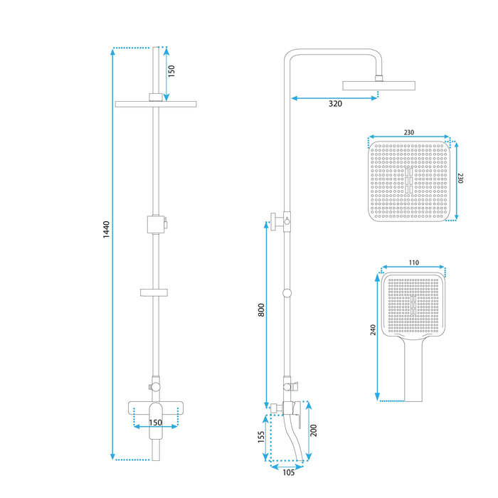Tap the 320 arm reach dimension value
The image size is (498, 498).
tap(335, 104)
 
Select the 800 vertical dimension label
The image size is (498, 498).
tap(261, 310)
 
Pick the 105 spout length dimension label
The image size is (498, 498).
tap(287, 472)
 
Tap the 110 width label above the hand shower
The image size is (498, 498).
tap(414, 263)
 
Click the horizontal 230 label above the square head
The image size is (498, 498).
tap(408, 132)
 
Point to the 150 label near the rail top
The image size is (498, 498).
tap(171, 71)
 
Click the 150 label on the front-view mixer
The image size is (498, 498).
tap(156, 423)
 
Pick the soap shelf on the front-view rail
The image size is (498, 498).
tap(154, 292)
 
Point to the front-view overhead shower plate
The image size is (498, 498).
tap(154, 104)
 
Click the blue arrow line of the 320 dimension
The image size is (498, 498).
tap(334, 97)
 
